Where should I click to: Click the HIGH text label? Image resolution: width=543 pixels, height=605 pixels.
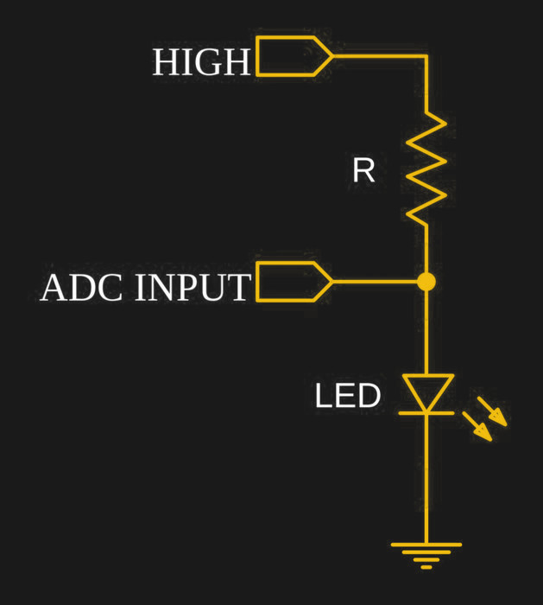coord(201,63)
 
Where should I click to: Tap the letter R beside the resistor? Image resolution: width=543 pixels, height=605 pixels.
coord(363,171)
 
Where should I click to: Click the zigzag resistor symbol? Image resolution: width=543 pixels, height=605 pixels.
coord(426,169)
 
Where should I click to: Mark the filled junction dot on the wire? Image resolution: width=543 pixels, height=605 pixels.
coord(426,282)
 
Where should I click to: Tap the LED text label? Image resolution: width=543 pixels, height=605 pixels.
coord(347,397)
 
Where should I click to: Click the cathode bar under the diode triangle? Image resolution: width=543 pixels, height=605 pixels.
coord(426,413)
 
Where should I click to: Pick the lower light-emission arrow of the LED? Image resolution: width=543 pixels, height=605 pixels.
coord(477,426)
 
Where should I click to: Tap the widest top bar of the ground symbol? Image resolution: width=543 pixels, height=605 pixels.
coord(426,544)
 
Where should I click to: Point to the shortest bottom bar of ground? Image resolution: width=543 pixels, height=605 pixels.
coord(426,567)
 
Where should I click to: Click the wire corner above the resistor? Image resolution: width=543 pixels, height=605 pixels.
coord(426,56)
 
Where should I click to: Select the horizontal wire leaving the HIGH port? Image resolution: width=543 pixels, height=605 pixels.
coord(380,56)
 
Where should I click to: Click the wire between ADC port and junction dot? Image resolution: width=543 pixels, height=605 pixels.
coord(376,282)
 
